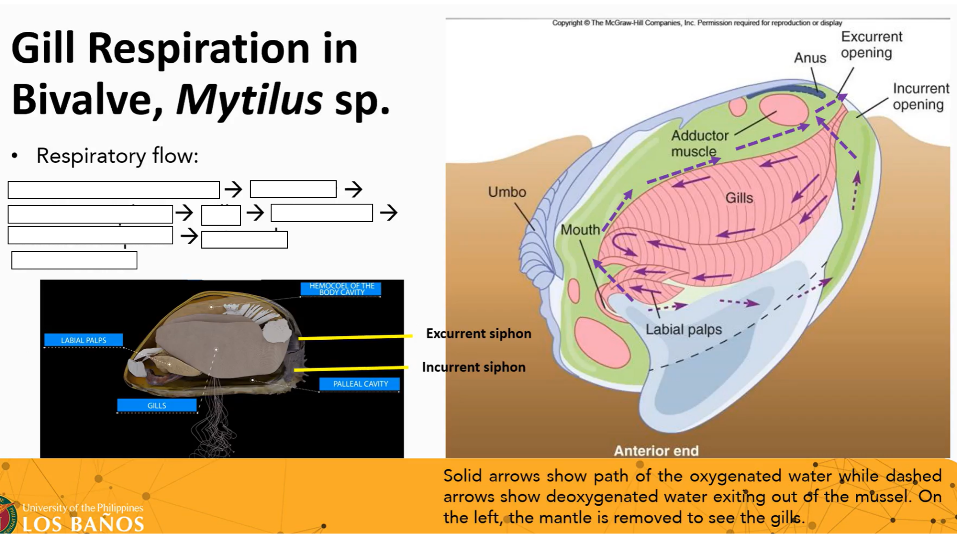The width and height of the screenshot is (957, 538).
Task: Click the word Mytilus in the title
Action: point(249,99)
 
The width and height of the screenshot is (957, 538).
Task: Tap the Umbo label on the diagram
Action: point(507,192)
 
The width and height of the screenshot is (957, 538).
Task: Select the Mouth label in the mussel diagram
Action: point(580,230)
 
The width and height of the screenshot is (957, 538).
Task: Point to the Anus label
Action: point(810,58)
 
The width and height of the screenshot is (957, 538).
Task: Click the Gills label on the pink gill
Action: point(739,198)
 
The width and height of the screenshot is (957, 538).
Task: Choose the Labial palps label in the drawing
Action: point(683,330)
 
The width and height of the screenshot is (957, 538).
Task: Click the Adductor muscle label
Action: point(699,143)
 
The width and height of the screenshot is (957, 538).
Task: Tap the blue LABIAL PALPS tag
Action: point(83,340)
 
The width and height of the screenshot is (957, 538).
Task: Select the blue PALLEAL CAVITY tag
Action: point(360,384)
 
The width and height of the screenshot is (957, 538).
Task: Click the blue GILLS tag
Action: point(157,405)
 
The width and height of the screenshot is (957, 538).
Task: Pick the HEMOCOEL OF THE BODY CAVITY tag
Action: point(341,289)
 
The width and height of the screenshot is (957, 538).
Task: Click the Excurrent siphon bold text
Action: point(478,334)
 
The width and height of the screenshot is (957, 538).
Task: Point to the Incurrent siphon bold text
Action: point(474,367)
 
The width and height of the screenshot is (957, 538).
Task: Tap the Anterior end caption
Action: point(656,451)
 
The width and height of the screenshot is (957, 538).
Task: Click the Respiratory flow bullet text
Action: point(117,156)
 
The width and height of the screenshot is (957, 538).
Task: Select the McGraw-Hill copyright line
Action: point(697,23)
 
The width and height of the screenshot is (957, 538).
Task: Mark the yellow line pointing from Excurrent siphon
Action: point(355,338)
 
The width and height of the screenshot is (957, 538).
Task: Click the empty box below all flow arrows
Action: point(74,261)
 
